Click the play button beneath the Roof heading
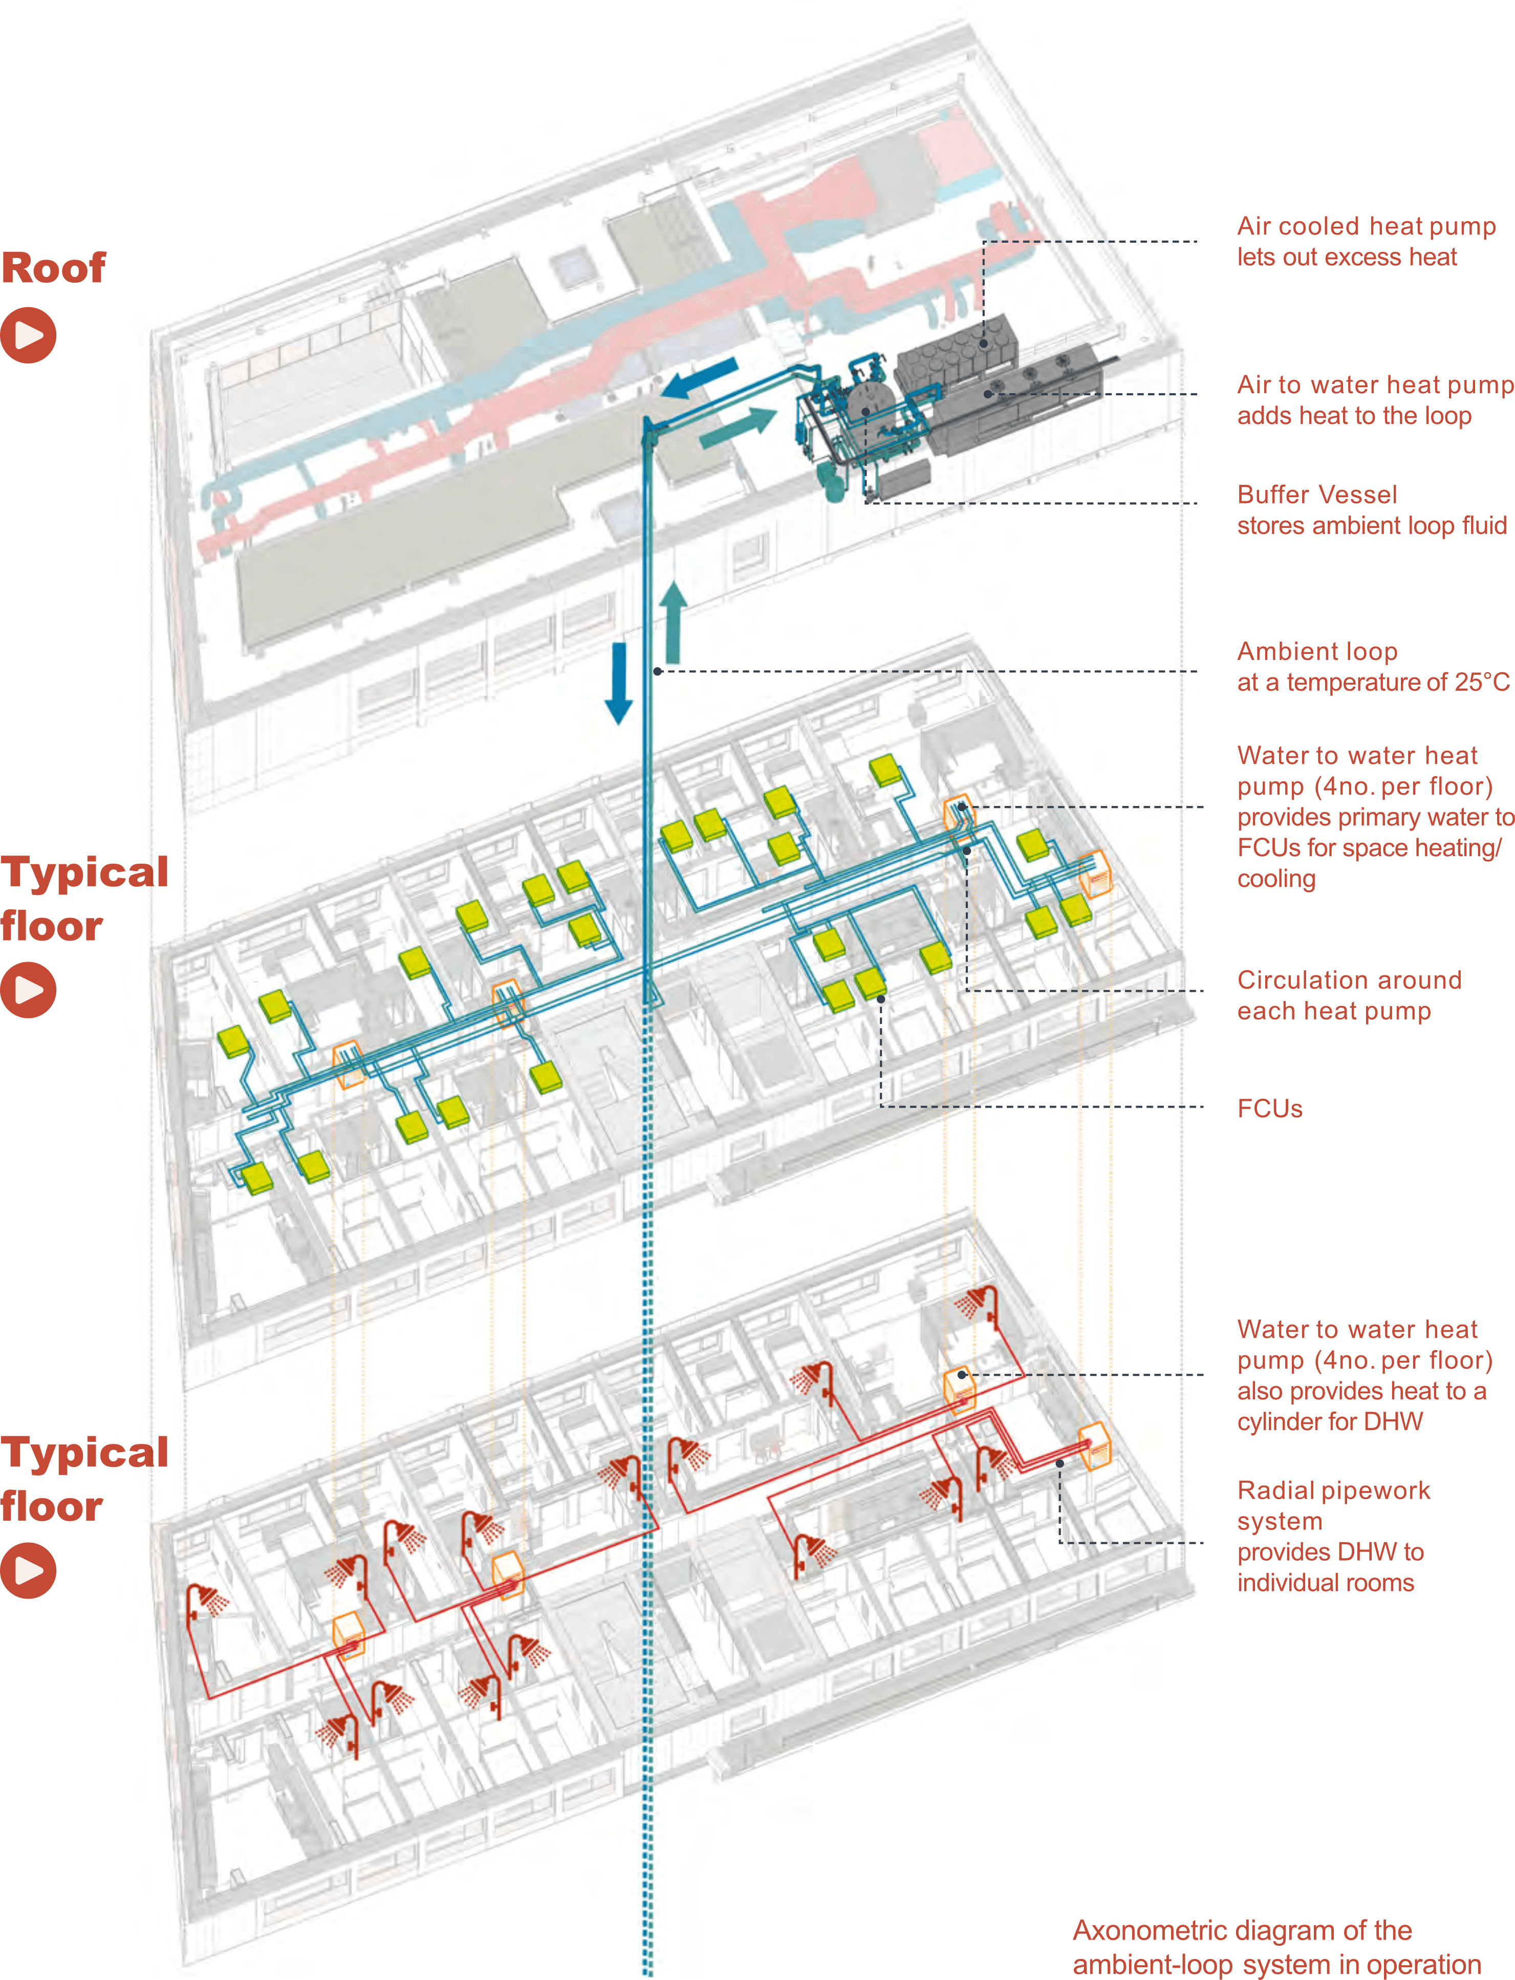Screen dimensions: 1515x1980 28,335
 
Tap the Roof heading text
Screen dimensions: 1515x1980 53,268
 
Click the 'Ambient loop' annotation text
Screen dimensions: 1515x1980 1373,667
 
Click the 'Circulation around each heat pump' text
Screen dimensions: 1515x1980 1349,995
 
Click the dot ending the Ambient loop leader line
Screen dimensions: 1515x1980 658,671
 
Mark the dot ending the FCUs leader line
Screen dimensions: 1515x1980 881,998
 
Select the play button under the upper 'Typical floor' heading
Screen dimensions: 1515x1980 28,990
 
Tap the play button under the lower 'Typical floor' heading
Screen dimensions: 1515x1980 28,1570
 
